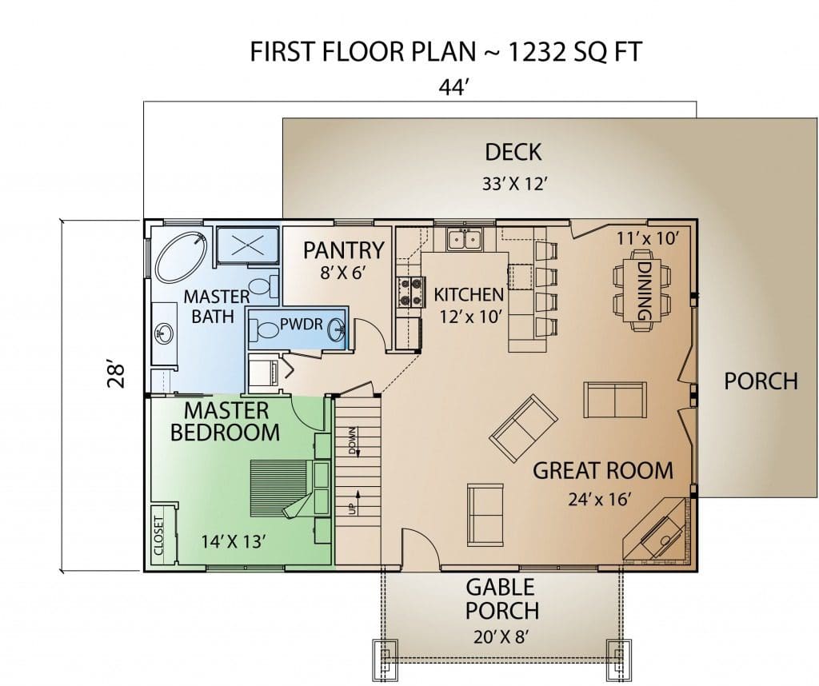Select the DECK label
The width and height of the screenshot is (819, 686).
pos(513,152)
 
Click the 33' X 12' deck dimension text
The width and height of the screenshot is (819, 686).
pos(514,184)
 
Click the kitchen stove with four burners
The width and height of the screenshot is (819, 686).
pos(410,291)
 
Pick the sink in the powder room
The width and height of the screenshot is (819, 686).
pos(336,329)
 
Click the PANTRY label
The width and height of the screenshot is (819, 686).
pos(344,250)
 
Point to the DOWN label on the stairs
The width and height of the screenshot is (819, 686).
pos(353,441)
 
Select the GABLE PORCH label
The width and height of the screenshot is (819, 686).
pos(501,599)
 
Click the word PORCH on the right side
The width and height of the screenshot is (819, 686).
pos(761,381)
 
